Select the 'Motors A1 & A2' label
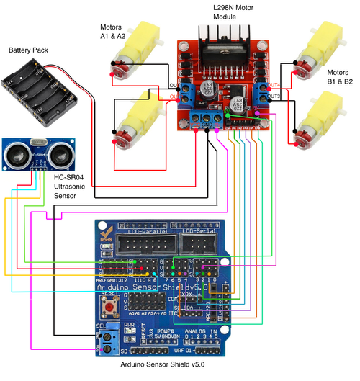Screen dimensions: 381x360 (x=112, y=31)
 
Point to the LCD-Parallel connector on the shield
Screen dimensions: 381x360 (x=146, y=246)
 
